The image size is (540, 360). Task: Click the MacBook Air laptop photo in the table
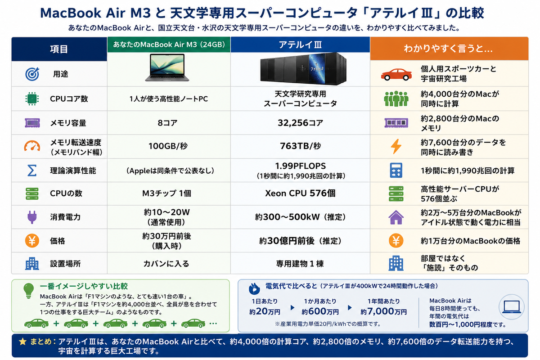[x=167, y=67]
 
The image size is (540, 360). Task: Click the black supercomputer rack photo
[x=303, y=68]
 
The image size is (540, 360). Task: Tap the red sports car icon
[x=396, y=75]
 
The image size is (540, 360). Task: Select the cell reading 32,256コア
[x=300, y=123]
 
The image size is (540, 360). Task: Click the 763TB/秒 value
[x=301, y=146]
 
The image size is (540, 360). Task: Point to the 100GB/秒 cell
[x=168, y=146]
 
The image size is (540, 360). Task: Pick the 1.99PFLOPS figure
[x=301, y=166]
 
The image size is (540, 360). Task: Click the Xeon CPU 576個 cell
[x=300, y=193]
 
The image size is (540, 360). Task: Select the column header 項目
[x=59, y=49]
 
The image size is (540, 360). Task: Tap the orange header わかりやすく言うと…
[x=448, y=49]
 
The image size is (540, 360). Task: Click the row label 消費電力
[x=65, y=217]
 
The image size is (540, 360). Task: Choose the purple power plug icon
[x=32, y=217]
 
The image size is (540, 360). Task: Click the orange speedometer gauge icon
[x=32, y=145]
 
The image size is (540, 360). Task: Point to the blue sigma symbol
[x=32, y=171]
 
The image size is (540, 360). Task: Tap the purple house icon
[x=396, y=217]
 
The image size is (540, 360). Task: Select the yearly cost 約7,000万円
[x=383, y=312]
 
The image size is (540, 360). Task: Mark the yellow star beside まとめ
[x=22, y=342]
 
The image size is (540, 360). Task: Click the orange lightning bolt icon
[x=396, y=146]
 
